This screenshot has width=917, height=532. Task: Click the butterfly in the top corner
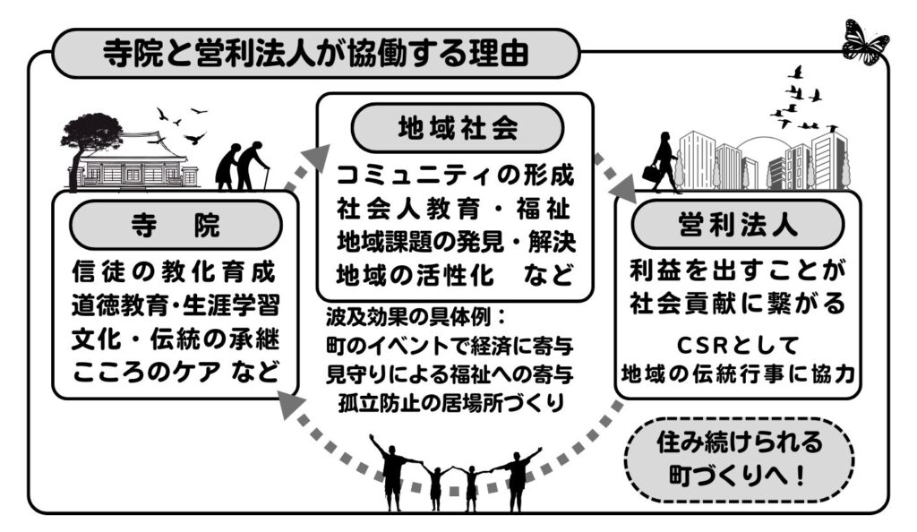coord(865,39)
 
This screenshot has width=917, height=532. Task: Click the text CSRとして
coord(737,343)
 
